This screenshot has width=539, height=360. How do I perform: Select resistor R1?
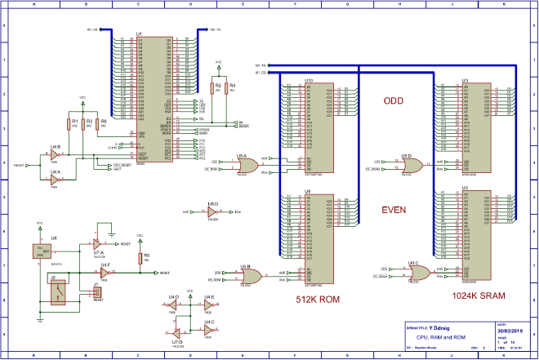point(67,126)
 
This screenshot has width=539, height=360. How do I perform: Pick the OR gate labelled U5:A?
point(247,166)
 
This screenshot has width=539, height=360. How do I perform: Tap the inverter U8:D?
point(212,211)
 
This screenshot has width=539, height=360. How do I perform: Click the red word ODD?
point(394,101)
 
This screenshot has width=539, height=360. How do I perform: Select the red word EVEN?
point(394,210)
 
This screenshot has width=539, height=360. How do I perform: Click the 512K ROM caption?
point(318,300)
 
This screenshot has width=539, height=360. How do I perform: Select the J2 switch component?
point(59,291)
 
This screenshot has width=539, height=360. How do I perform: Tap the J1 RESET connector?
point(98,291)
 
